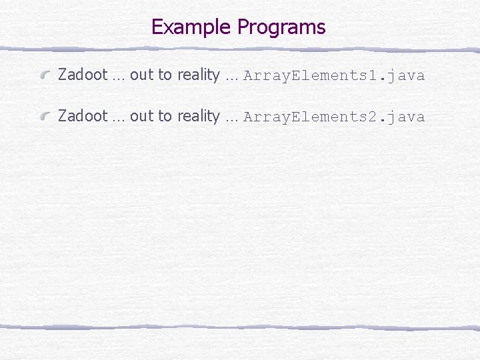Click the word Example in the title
coord(192,27)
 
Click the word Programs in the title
coord(281,27)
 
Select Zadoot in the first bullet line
coord(83,75)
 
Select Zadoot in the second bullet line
coord(83,116)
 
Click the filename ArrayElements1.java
coord(334,75)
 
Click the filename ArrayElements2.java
coord(334,117)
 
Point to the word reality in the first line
coord(198,75)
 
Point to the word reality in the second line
coord(198,117)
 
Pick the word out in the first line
coord(141,75)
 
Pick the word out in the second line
coord(141,116)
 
